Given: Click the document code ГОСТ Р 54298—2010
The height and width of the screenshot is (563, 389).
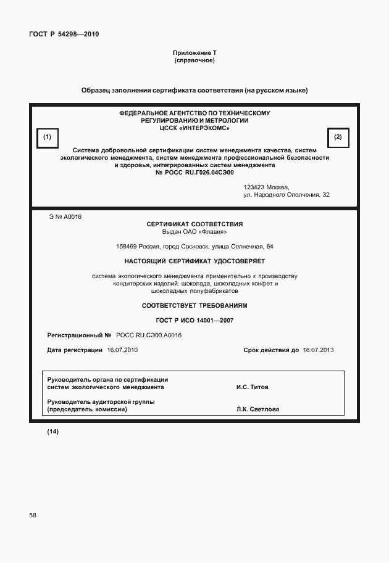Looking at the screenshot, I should tap(64, 34).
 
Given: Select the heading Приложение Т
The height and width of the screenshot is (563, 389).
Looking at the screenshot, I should tap(194, 54).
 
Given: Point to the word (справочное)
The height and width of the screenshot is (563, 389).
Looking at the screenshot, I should tap(194, 61).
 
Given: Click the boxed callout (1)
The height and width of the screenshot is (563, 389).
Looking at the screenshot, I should tap(47, 137).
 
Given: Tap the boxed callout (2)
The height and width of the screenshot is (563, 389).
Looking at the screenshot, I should tap(338, 137).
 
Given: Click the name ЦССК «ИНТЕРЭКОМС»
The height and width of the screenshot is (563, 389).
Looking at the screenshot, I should tap(194, 128).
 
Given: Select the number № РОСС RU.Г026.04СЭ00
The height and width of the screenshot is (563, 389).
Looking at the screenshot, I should tap(194, 173).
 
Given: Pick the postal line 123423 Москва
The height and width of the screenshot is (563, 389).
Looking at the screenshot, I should tap(266, 187).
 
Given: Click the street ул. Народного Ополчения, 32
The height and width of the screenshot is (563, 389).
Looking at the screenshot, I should tap(287, 195).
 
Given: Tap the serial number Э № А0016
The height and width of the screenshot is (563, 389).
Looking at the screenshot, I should tap(65, 216).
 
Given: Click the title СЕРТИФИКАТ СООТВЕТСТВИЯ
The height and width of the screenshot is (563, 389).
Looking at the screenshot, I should tap(194, 224).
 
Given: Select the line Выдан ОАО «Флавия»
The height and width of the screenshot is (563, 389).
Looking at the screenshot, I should tap(194, 232).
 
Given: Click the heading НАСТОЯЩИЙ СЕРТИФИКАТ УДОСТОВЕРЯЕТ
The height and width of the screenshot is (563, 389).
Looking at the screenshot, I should tap(194, 261).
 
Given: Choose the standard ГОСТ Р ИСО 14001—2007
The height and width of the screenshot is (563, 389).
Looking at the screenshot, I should tap(194, 320).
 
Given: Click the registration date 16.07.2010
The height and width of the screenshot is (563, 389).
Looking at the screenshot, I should tap(122, 350).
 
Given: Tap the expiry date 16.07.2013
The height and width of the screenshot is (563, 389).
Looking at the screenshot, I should tap(318, 350).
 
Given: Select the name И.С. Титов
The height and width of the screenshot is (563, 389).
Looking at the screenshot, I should tap(252, 388).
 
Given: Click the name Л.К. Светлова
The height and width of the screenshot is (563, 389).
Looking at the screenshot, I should tap(257, 409).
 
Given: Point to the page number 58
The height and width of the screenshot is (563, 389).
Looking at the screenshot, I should tap(33, 515).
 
